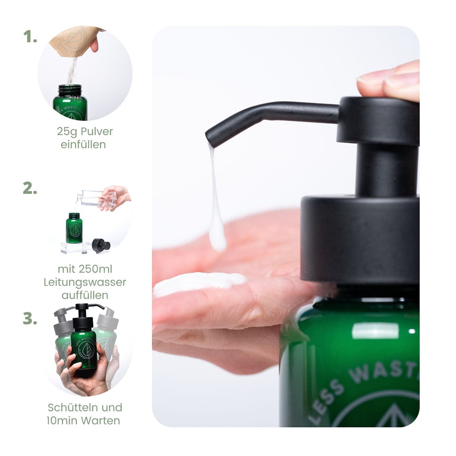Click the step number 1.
pos(30,37)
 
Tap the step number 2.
pos(30,188)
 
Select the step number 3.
pos(30,319)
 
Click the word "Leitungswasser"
pos(85,282)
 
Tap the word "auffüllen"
pos(85,295)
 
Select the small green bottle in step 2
pos(74,228)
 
